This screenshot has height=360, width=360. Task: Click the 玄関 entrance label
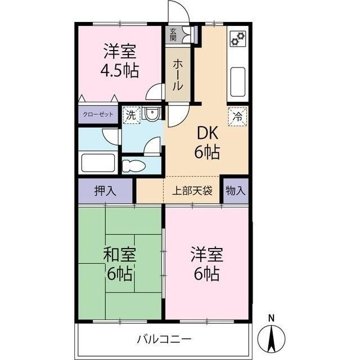(173, 35)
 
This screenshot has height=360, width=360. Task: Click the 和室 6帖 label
(119, 264)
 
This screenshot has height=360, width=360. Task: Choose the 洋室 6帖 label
(206, 264)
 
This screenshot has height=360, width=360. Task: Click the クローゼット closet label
(98, 114)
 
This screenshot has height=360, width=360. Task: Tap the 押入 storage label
(105, 191)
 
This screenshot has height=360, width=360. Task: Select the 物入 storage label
(236, 191)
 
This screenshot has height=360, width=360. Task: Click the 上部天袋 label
(192, 191)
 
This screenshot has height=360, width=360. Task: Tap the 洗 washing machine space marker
(130, 115)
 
